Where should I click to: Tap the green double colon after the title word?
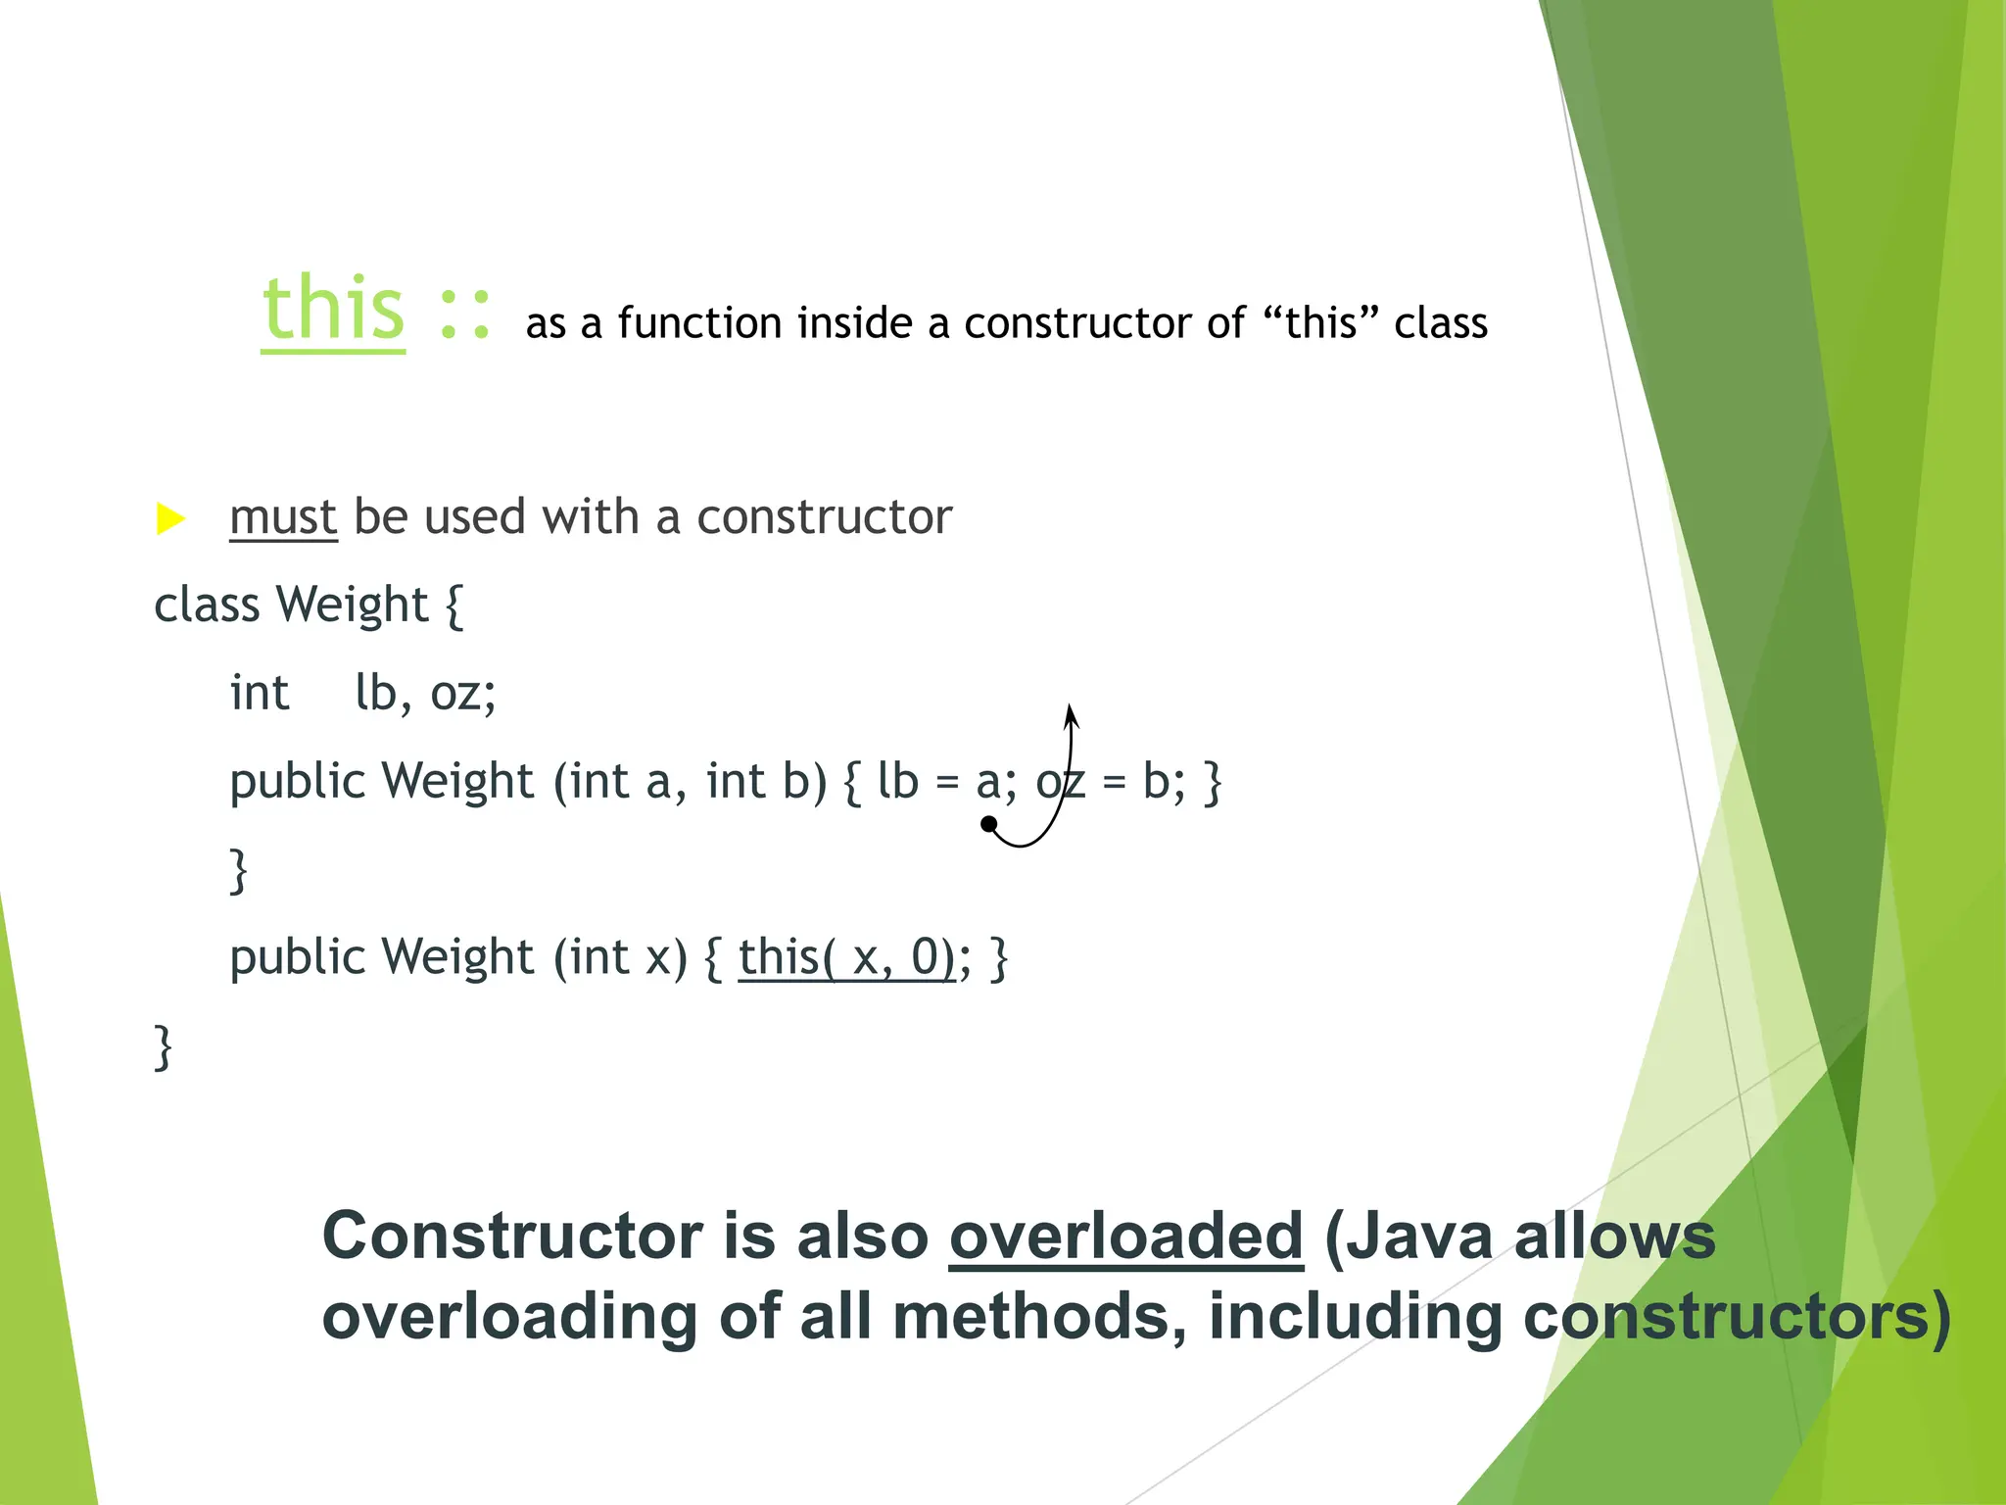[464, 314]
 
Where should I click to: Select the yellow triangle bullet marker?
[170, 518]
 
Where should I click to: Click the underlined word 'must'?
[283, 517]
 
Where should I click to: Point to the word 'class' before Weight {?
[207, 605]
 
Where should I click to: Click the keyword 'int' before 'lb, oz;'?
[260, 693]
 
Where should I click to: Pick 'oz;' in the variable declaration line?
[463, 694]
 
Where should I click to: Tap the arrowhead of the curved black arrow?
[1071, 713]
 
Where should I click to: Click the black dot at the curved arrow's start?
[989, 824]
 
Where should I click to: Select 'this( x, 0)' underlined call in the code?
[846, 957]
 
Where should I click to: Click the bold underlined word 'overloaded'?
[1126, 1236]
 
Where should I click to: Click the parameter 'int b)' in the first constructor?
[767, 782]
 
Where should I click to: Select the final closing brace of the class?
[164, 1047]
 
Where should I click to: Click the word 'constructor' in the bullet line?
[824, 517]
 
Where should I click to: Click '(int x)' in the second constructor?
[621, 957]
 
